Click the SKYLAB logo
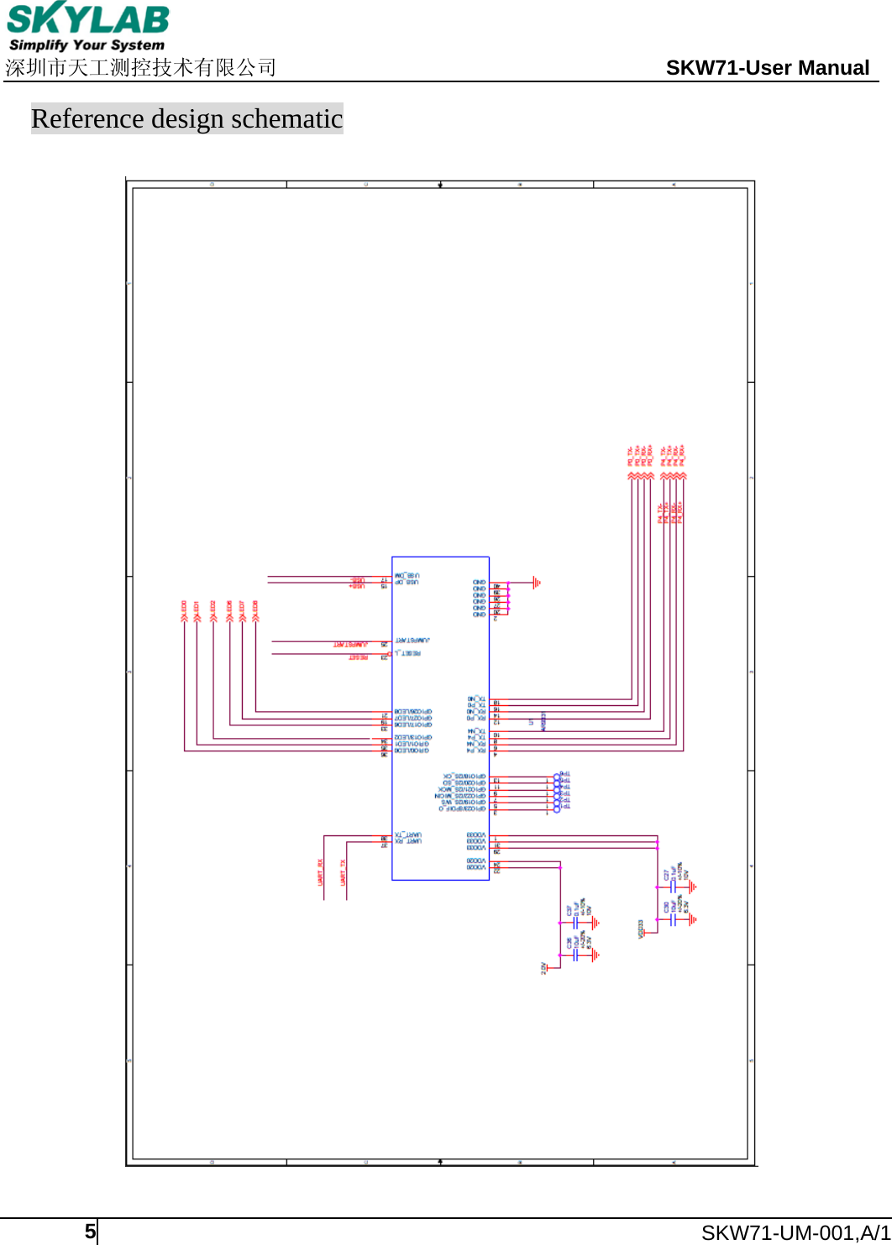point(87,18)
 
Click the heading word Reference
point(87,119)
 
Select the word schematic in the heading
point(286,119)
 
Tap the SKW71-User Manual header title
point(767,68)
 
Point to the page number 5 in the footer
point(89,1232)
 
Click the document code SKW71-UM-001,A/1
point(795,1232)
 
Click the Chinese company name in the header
point(140,68)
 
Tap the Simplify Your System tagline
point(87,45)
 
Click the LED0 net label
point(183,608)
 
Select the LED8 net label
point(255,608)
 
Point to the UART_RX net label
point(321,873)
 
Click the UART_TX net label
point(344,873)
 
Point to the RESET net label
point(359,656)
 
